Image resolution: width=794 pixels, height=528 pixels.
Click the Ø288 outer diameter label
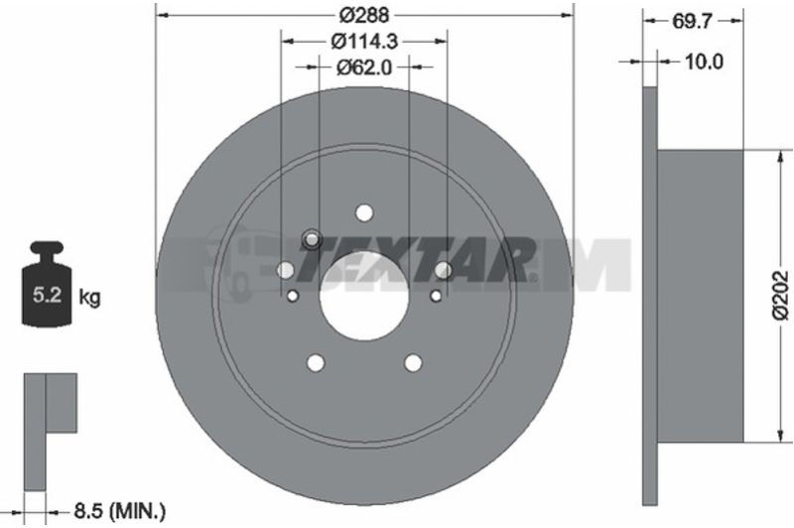[x=364, y=16]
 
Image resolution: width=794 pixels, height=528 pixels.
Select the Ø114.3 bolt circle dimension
[x=364, y=41]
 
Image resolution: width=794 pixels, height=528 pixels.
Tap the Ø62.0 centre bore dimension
[x=364, y=66]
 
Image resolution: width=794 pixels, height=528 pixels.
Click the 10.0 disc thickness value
[x=704, y=62]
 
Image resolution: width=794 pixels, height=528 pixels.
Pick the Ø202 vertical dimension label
[x=781, y=296]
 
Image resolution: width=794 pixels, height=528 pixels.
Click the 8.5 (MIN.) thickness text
[x=120, y=511]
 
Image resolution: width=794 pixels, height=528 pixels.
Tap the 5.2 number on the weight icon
[x=47, y=295]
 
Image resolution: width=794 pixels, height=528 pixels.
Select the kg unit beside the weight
[x=89, y=297]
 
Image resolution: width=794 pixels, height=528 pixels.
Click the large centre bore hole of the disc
[x=364, y=296]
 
